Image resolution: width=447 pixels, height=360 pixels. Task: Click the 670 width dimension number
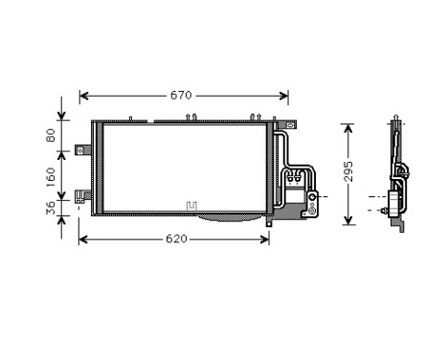(x=182, y=95)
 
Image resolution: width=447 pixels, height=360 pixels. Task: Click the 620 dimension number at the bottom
(x=175, y=237)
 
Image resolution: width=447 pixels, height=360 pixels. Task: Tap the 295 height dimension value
(x=350, y=171)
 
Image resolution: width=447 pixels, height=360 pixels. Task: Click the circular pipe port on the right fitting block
(x=311, y=197)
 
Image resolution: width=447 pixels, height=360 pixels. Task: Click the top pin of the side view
(x=394, y=122)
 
